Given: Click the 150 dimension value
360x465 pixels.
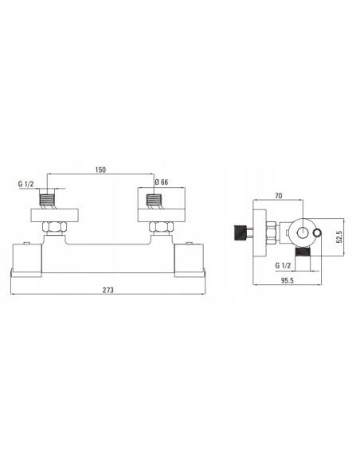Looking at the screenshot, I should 100,170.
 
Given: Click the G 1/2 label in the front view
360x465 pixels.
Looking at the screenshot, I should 25,186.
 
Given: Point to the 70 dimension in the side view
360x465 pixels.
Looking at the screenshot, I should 278,194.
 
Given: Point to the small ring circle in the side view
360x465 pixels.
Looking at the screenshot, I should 319,232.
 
